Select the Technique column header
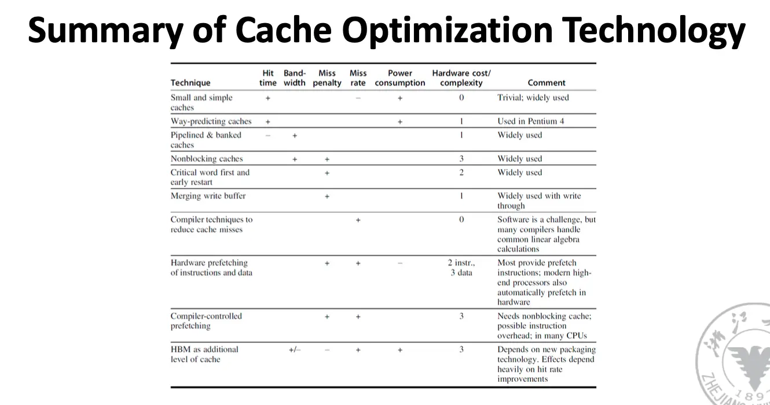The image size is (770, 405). coord(190,83)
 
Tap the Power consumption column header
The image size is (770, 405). coord(399,78)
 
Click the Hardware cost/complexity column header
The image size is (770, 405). coord(461,78)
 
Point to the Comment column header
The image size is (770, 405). coord(546,83)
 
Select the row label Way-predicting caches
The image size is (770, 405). coord(211,122)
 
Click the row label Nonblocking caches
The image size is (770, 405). coord(207,159)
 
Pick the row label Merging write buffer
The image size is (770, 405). coord(208,196)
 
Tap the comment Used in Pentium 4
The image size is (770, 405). coord(530,122)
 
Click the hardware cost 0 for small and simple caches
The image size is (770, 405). coord(461,98)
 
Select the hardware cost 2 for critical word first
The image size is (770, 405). coord(461,172)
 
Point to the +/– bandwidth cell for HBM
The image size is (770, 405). coord(295,350)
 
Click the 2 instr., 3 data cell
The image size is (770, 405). coord(461,268)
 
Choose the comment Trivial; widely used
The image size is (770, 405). coord(533,98)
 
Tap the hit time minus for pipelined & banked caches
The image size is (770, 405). coord(267,135)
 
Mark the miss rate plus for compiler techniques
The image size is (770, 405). coord(358,220)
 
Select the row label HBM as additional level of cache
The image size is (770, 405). coord(204,354)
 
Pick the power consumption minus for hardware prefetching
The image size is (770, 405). coord(399,263)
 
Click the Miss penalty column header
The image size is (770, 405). coord(327,78)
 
